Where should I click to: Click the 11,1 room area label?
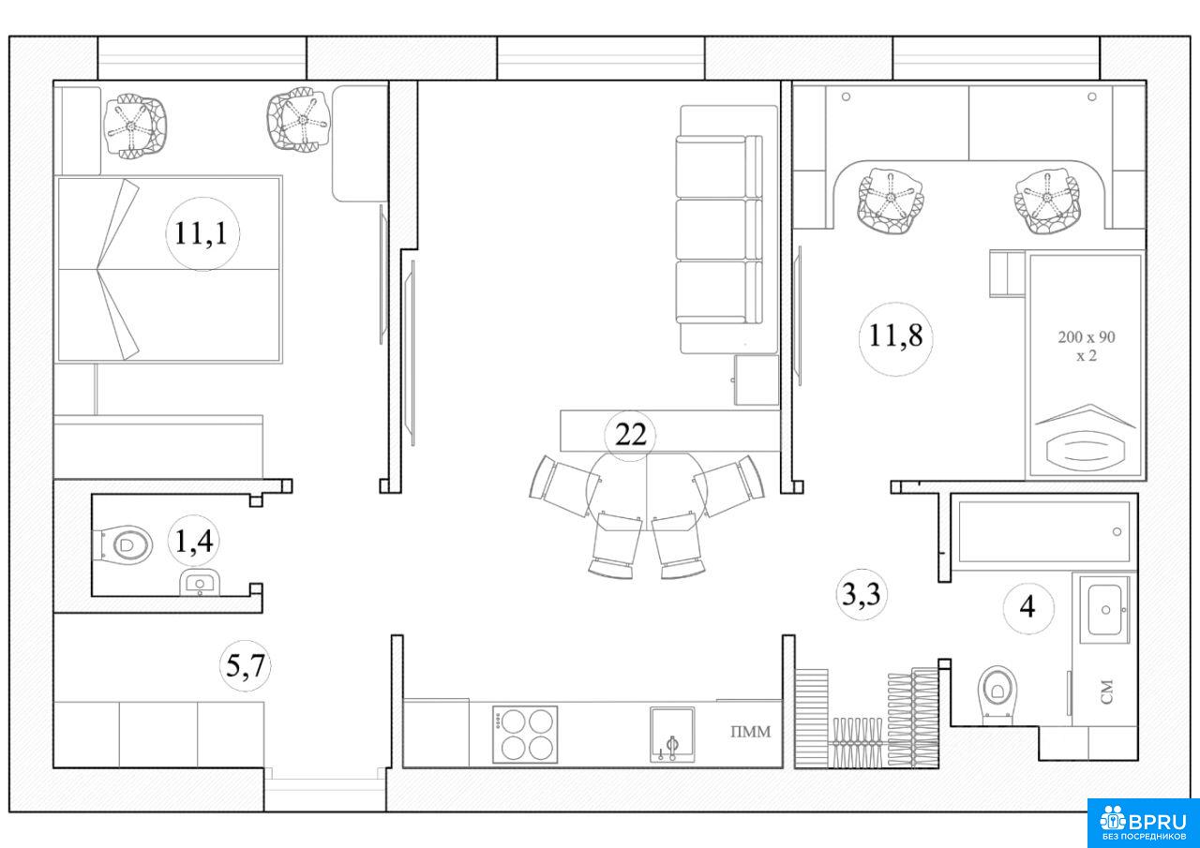202,234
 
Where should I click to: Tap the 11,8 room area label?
895,335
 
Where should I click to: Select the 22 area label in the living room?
630,435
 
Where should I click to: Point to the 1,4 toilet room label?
194,542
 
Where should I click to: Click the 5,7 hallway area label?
246,666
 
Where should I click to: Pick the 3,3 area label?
862,595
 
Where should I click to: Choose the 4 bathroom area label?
1027,607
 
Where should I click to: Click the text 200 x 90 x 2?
1087,346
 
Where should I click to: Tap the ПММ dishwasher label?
751,731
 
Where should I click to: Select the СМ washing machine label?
1107,692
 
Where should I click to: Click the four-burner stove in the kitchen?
525,734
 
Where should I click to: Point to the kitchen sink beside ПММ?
672,734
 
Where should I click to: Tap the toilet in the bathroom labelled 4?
997,694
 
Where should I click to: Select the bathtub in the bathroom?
1044,531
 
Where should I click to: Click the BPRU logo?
1144,824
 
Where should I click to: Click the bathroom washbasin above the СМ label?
1104,609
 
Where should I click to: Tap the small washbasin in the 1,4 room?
200,583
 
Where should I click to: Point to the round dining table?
647,491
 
